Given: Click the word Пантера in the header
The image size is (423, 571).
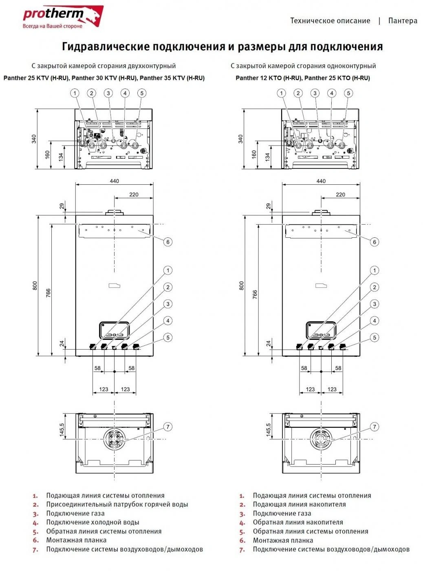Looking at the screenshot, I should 402,21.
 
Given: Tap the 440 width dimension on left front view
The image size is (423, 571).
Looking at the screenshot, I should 115,181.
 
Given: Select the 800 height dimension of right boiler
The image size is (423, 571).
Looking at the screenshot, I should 242,285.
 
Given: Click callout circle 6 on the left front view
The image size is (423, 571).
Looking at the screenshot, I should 167,242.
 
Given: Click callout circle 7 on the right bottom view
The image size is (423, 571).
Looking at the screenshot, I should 374,427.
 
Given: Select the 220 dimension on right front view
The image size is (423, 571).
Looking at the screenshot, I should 341,195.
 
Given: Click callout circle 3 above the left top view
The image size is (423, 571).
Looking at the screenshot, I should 108,93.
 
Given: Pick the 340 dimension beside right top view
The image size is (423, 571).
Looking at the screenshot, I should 240,139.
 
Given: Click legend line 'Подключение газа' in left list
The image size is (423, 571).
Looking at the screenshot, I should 75,513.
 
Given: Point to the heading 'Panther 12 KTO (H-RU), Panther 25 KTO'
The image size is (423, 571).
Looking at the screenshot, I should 302,78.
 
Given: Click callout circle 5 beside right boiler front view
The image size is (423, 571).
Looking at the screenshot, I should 374,338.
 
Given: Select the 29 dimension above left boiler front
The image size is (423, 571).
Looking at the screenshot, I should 62,206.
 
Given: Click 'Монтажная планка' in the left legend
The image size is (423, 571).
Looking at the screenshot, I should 76,540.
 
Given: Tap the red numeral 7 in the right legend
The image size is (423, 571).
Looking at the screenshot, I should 242,550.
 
